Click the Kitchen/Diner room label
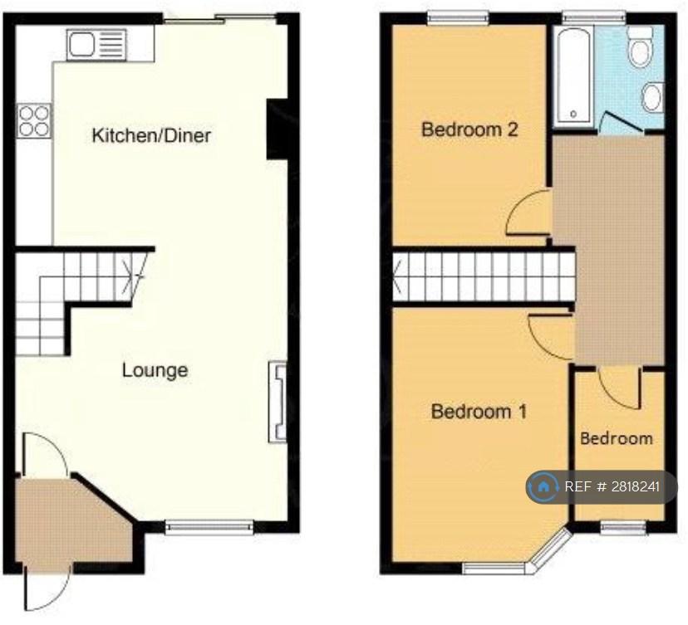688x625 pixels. point(151,135)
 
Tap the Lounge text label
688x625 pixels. point(155,370)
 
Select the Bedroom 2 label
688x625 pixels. point(469,129)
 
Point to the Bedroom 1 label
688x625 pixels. point(479,412)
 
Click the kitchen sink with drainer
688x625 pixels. point(96,44)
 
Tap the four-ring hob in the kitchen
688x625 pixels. point(34,121)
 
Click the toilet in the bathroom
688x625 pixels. point(640,46)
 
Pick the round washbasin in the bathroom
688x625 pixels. point(651,97)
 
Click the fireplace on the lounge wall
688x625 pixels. point(278,402)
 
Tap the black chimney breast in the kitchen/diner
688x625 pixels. point(277,129)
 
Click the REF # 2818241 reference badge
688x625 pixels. point(602,487)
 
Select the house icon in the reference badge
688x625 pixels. point(543,487)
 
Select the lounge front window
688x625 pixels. point(209,527)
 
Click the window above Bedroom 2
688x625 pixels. point(459,17)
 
